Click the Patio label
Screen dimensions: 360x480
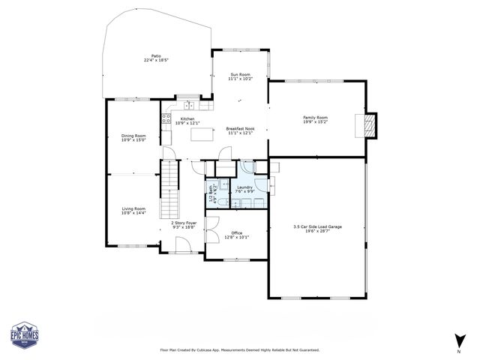point(156,55)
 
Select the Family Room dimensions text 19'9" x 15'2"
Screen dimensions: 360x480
point(315,121)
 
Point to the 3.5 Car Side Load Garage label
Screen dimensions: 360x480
point(317,226)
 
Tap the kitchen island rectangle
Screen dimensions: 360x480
point(202,134)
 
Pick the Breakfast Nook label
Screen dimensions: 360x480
point(241,129)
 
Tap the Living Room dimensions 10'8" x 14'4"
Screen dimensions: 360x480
point(133,213)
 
